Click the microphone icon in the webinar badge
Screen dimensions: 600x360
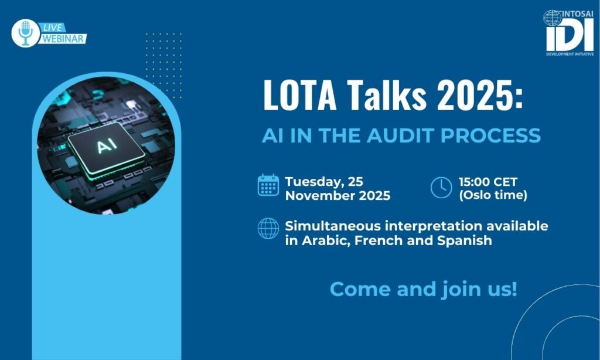pos(26,33)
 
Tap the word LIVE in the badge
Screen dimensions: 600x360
pos(52,28)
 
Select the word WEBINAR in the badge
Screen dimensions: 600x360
pos(63,39)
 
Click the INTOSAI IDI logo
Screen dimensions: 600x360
pos(569,33)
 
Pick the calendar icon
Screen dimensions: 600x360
pos(268,185)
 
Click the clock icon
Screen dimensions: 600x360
pos(441,188)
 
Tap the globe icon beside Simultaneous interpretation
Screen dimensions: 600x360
pos(268,229)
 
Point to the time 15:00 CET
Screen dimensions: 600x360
pos(488,182)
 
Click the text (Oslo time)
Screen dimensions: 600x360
pos(493,195)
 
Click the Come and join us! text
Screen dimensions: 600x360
pos(424,289)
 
